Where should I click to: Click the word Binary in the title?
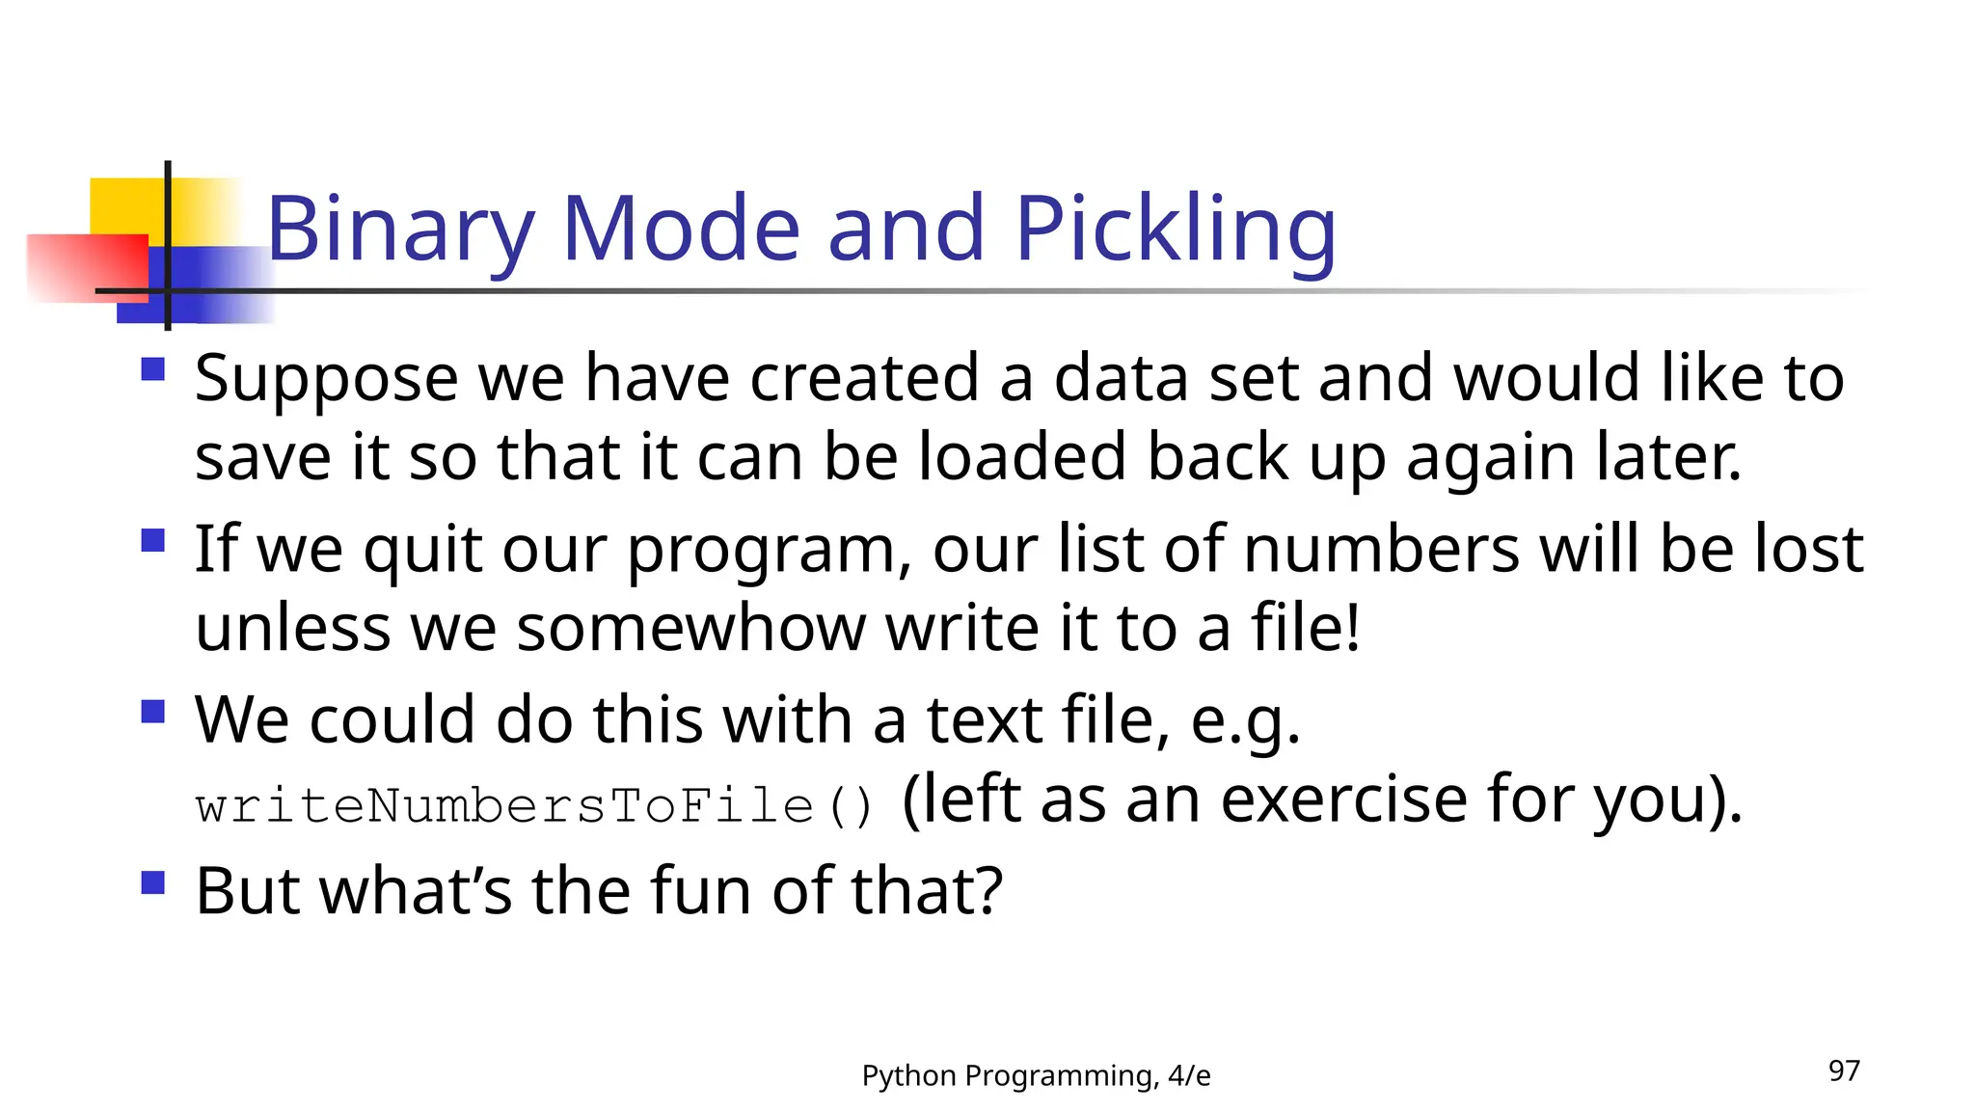coord(399,230)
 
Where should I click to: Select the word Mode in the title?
coord(680,230)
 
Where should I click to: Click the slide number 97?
coord(1844,1070)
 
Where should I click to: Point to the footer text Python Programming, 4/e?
coord(1036,1075)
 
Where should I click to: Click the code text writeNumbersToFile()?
coord(534,806)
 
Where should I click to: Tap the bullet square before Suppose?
coord(152,369)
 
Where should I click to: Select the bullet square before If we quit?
coord(152,540)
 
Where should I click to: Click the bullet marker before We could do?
coord(152,712)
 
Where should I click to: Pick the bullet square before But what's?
coord(152,882)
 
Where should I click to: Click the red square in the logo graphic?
coord(87,268)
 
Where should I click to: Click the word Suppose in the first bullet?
coord(326,379)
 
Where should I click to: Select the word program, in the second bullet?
coord(769,551)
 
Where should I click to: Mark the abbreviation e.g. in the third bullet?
coord(1245,721)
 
